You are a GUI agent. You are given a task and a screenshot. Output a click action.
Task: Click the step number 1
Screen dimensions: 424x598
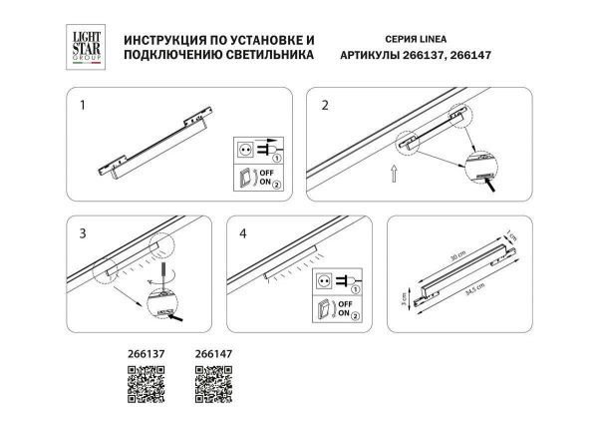click(x=85, y=104)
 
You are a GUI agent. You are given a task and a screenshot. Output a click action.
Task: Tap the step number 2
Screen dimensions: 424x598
click(x=324, y=104)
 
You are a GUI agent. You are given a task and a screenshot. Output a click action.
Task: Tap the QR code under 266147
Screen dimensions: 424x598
click(x=210, y=381)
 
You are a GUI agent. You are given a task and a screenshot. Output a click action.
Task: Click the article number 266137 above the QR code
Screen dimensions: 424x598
click(x=145, y=352)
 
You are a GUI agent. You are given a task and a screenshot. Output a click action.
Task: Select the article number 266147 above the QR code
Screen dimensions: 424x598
click(x=211, y=352)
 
